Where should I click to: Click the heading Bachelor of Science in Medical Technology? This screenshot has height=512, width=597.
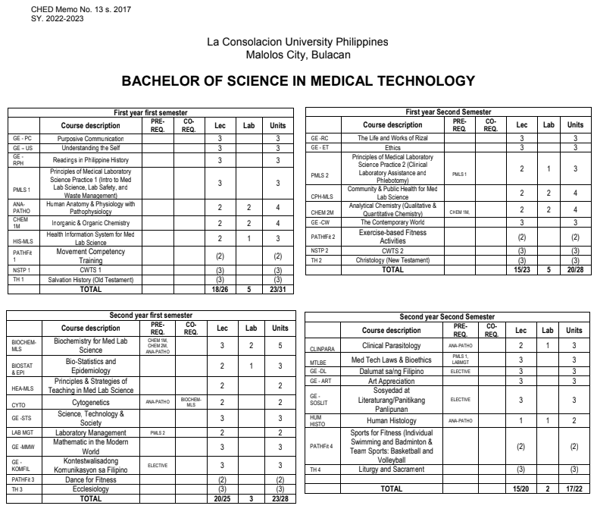click(x=298, y=80)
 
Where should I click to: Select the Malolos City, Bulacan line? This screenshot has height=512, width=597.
click(x=298, y=55)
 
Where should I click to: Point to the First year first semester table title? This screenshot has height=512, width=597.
click(x=150, y=112)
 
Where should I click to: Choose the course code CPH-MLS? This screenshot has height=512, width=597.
click(x=323, y=195)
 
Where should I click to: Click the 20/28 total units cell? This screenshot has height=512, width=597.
click(x=575, y=269)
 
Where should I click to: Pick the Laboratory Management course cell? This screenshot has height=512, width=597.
click(x=91, y=432)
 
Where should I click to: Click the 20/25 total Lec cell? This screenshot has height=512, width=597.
click(x=220, y=499)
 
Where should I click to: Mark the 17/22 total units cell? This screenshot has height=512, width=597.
click(x=575, y=489)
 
